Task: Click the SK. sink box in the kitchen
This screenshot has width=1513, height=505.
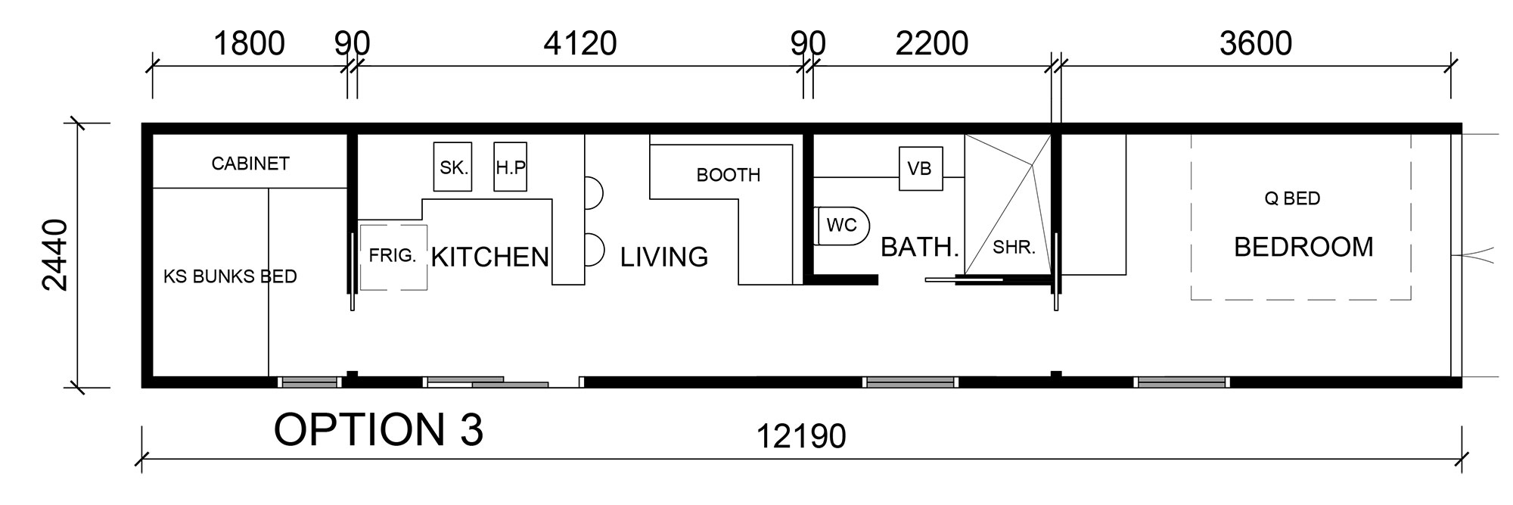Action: pyautogui.click(x=452, y=167)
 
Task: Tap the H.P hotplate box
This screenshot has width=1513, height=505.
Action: pyautogui.click(x=510, y=167)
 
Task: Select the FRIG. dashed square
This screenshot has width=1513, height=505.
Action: pyautogui.click(x=393, y=257)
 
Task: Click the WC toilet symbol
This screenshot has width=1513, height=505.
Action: pyautogui.click(x=842, y=225)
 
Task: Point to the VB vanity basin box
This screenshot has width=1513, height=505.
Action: pyautogui.click(x=921, y=168)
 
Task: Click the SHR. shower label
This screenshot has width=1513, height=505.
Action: pyautogui.click(x=1014, y=248)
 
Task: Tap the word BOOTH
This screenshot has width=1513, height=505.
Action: pyautogui.click(x=728, y=175)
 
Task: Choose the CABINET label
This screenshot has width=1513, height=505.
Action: pyautogui.click(x=250, y=164)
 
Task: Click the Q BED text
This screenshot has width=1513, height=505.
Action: pyautogui.click(x=1292, y=198)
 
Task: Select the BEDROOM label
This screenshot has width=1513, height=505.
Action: pyautogui.click(x=1303, y=247)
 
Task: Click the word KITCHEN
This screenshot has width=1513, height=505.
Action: pyautogui.click(x=489, y=257)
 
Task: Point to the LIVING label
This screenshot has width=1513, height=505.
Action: pyautogui.click(x=664, y=257)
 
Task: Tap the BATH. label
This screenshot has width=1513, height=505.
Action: pyautogui.click(x=920, y=247)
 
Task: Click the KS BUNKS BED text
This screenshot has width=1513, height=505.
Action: pyautogui.click(x=230, y=276)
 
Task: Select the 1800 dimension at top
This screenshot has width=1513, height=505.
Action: pyautogui.click(x=249, y=44)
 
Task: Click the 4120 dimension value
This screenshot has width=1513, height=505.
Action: pyautogui.click(x=580, y=44)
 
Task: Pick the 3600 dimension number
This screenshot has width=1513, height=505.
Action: pyautogui.click(x=1256, y=44)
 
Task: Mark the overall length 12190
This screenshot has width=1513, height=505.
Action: pyautogui.click(x=801, y=436)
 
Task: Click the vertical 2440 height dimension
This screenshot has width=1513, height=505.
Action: pyautogui.click(x=54, y=254)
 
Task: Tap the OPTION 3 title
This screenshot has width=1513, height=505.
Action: pyautogui.click(x=378, y=429)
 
